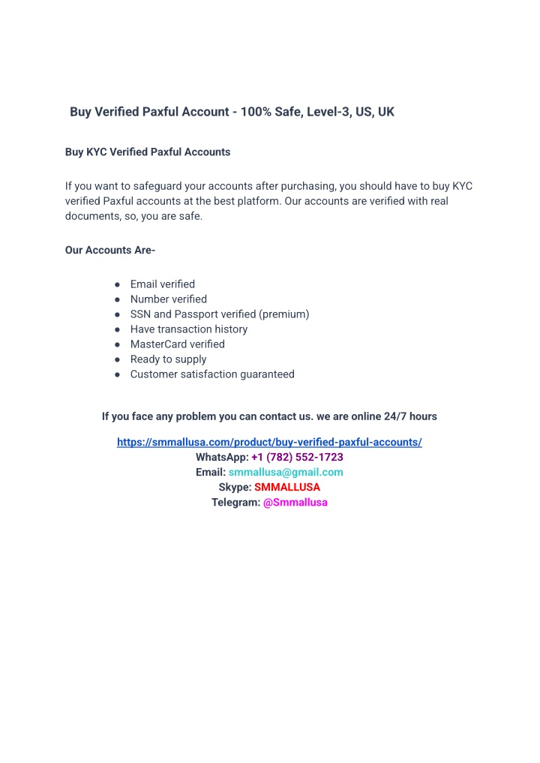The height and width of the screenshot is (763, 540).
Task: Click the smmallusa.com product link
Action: [269, 443]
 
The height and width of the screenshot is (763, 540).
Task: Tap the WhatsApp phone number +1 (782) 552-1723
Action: [297, 458]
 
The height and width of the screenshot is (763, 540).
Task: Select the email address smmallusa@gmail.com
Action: [286, 473]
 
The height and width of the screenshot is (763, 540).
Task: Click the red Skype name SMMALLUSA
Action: [287, 488]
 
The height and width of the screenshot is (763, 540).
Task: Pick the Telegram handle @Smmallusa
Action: [295, 503]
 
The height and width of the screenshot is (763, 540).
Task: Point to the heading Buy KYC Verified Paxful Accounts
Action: [148, 152]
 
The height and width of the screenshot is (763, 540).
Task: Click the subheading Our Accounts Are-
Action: [110, 251]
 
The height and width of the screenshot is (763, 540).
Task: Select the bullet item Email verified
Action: [163, 284]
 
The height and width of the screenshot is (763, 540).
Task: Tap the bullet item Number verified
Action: [169, 299]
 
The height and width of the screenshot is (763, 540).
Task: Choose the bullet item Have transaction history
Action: [189, 329]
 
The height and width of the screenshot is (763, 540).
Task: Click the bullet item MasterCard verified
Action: [178, 344]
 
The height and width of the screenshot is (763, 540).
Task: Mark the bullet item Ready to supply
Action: [169, 359]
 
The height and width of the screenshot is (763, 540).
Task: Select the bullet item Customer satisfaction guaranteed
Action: [212, 374]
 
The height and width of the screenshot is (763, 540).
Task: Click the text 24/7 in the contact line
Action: [397, 416]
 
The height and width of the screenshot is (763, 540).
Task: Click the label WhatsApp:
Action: [222, 458]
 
